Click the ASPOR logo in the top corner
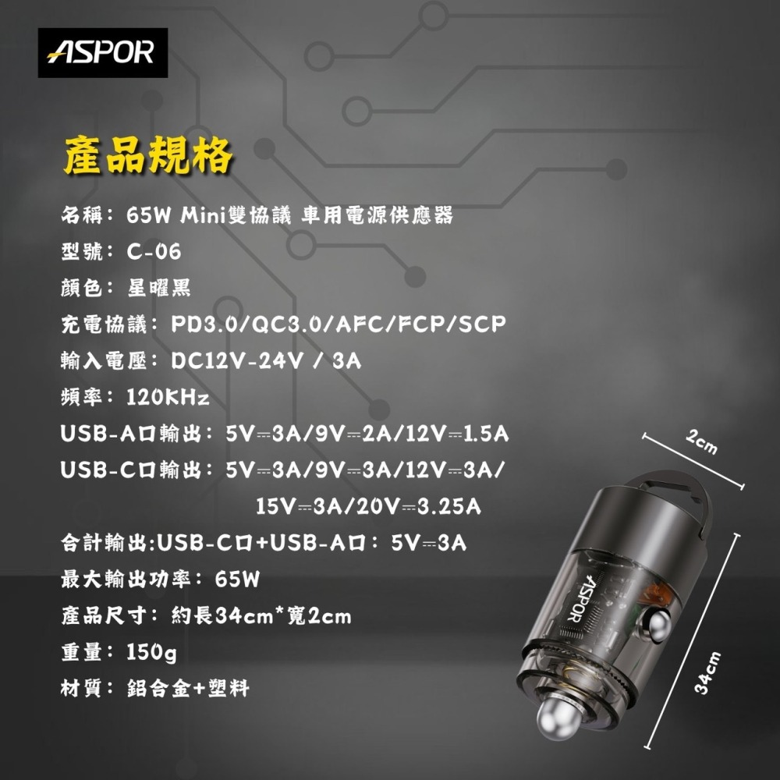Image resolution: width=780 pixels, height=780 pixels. (103, 52)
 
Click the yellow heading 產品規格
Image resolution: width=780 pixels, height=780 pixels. (148, 155)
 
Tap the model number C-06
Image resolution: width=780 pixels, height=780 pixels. (154, 252)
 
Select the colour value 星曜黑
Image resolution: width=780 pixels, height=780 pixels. (158, 289)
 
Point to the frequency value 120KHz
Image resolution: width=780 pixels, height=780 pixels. (168, 399)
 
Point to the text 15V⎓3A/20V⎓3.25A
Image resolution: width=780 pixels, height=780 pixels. (368, 507)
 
